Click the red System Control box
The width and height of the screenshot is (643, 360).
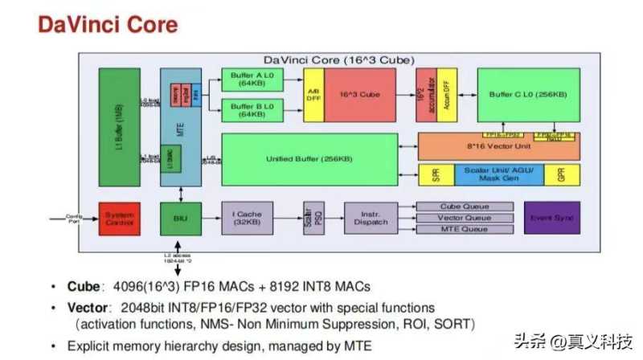(120, 217)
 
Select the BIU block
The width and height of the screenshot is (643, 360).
(180, 217)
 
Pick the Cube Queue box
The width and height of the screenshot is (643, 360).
(464, 206)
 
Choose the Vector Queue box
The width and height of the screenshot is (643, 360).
(464, 218)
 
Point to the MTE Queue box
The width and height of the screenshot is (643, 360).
(464, 230)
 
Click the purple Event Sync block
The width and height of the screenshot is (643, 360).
(551, 217)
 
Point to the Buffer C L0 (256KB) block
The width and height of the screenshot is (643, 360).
(528, 95)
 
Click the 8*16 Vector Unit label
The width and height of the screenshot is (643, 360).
(498, 147)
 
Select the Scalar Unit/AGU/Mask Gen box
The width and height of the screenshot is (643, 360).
(498, 173)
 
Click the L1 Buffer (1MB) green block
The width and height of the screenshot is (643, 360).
(119, 126)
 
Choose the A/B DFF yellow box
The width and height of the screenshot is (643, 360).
(313, 95)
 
